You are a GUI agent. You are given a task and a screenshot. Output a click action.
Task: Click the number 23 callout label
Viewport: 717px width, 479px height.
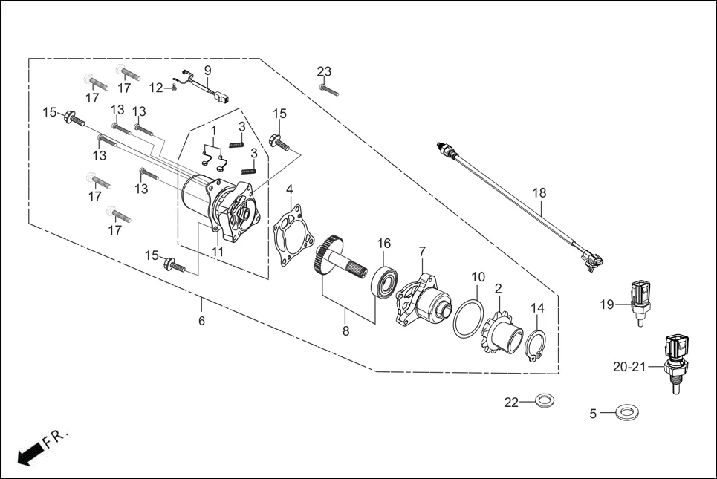[324, 72]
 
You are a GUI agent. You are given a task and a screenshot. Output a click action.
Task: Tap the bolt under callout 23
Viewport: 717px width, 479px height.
[330, 91]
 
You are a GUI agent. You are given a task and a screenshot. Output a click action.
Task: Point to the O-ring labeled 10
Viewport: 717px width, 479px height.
[470, 319]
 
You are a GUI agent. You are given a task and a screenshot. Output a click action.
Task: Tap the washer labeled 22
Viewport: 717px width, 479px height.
[544, 402]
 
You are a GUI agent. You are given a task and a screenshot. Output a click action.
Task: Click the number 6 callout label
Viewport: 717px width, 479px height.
[201, 320]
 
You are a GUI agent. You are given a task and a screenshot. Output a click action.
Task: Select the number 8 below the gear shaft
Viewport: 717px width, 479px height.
[345, 332]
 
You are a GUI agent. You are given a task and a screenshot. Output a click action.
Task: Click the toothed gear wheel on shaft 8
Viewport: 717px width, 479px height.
[328, 257]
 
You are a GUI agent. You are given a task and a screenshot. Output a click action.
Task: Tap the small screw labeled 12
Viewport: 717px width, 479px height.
[172, 87]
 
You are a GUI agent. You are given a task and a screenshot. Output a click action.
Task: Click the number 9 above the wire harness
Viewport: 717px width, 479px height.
[208, 70]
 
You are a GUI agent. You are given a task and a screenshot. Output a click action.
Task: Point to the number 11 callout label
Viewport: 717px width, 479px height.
[216, 251]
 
